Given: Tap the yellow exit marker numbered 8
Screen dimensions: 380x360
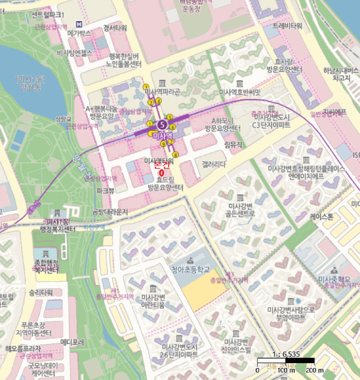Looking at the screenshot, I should tap(175, 154).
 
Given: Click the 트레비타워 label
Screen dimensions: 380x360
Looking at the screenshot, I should tap(287, 26).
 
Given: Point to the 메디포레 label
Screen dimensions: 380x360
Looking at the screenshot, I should tap(72, 342).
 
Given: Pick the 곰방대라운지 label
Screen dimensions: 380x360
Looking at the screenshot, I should tap(110, 211).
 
